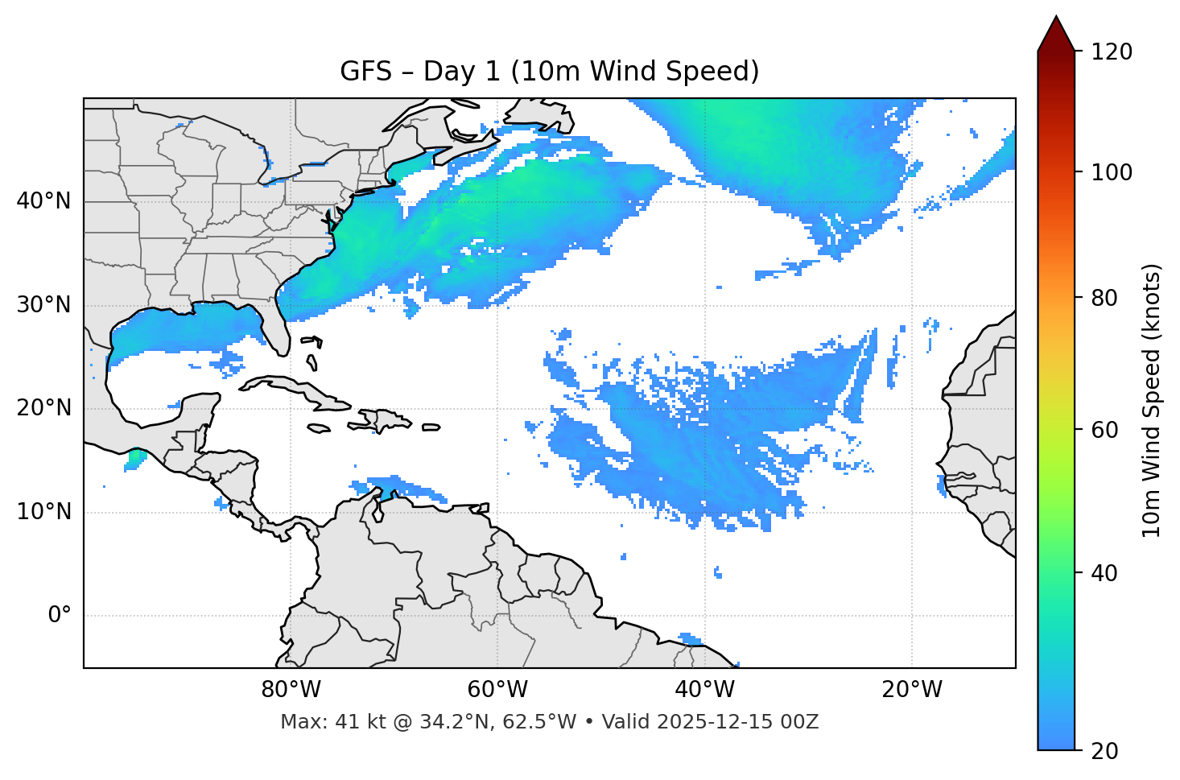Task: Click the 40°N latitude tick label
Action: click(43, 201)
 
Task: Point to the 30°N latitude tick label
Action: click(43, 305)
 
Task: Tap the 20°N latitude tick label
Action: click(43, 408)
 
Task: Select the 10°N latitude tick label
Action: click(43, 512)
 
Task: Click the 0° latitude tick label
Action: click(60, 616)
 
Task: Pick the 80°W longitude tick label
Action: click(291, 690)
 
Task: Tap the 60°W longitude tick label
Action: click(497, 690)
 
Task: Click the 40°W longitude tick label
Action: click(704, 690)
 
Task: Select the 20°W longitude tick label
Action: click(912, 690)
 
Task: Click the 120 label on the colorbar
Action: click(1112, 52)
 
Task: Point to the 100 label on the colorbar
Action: click(1112, 172)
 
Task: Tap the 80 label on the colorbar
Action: click(1106, 298)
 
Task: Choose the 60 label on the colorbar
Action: click(1106, 430)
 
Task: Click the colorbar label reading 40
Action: click(1106, 574)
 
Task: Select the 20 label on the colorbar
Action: click(1106, 751)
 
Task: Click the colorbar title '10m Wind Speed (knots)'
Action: click(1152, 400)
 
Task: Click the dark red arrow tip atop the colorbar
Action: click(1056, 31)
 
